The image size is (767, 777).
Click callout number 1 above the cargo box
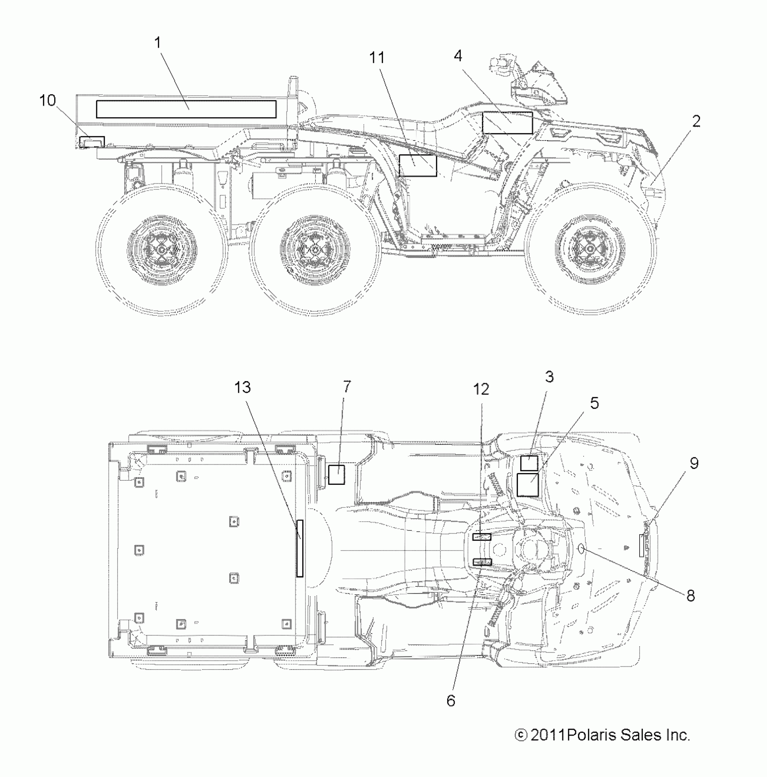click(158, 44)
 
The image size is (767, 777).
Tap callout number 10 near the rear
click(47, 101)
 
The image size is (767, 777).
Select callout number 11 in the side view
click(377, 58)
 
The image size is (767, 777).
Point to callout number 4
click(458, 56)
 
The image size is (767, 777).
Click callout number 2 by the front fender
click(696, 121)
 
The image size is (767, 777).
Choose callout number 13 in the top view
click(243, 387)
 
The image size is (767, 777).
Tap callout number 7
click(347, 386)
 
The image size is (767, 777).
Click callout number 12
click(481, 389)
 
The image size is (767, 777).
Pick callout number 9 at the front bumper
click(694, 463)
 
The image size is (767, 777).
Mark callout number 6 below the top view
click(451, 700)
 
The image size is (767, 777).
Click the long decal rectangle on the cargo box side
click(186, 110)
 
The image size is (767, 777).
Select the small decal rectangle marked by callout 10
click(92, 142)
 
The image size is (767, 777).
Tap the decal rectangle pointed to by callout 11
click(418, 166)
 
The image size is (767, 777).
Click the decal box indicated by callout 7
click(336, 474)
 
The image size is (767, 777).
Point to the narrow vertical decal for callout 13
click(300, 548)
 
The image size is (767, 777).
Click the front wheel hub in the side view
click(588, 248)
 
